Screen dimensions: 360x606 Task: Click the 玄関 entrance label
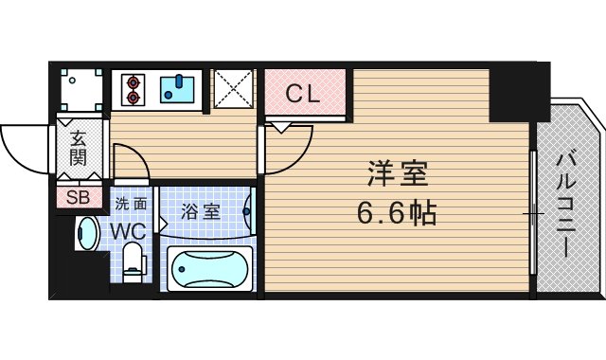[77, 148]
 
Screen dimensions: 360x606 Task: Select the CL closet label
[304, 94]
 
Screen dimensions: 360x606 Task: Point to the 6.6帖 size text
[397, 213]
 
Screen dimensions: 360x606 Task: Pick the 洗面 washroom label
[131, 203]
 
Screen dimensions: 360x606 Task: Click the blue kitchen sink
[177, 89]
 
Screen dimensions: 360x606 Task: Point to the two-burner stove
[132, 89]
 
